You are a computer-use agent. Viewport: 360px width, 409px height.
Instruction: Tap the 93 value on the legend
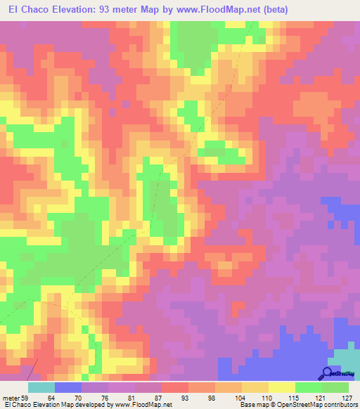tap(184, 398)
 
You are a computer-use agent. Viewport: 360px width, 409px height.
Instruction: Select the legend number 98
tap(210, 398)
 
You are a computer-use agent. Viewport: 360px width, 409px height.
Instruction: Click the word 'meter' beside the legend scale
tap(9, 398)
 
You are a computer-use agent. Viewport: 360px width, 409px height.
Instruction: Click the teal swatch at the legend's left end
tap(41, 387)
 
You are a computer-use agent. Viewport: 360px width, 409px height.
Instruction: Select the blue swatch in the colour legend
tap(67, 387)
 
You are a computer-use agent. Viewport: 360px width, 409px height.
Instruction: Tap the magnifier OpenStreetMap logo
tap(328, 374)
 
